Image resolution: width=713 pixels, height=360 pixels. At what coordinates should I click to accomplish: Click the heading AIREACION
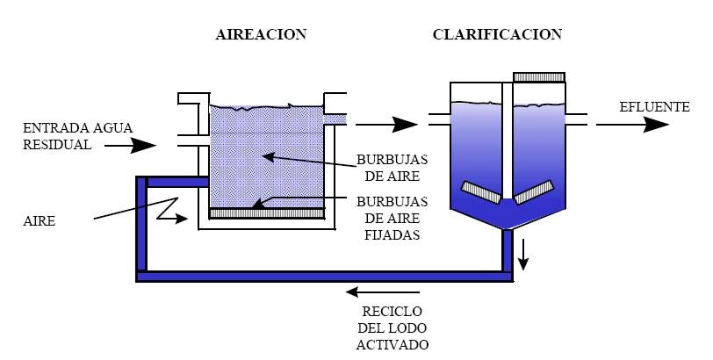261,35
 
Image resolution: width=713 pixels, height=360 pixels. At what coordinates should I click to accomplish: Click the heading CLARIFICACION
497,35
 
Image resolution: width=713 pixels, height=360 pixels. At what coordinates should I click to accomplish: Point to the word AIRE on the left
40,221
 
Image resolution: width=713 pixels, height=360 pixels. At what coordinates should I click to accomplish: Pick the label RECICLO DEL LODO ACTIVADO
392,328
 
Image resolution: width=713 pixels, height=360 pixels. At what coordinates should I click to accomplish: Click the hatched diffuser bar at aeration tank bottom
267,212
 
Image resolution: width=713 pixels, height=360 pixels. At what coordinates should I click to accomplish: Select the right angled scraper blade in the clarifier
536,190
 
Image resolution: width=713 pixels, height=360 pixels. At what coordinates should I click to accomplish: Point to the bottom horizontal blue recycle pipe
325,277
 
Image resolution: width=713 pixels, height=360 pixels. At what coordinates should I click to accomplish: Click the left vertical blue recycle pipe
141,228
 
